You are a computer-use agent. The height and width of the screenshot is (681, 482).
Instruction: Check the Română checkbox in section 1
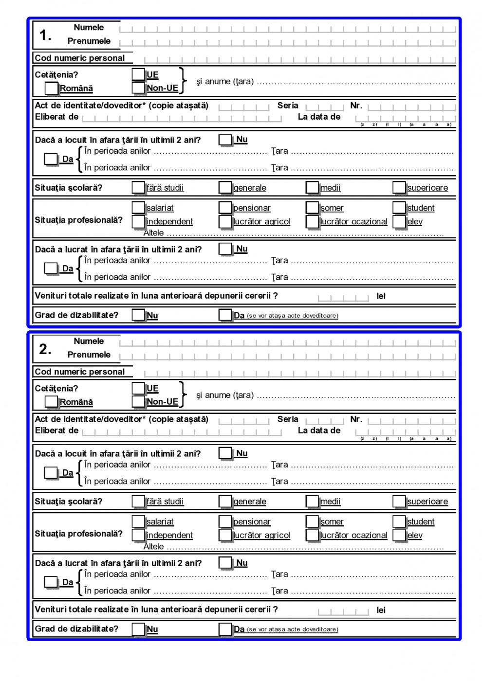[51, 88]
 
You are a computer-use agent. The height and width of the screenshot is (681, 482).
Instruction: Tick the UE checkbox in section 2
[139, 388]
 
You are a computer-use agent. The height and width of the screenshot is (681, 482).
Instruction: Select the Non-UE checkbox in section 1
[139, 88]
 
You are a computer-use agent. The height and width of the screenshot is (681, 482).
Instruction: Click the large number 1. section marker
[45, 35]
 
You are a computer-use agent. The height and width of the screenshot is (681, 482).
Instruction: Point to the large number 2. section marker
[45, 349]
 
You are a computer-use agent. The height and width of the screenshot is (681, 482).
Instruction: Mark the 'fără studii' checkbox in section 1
[139, 188]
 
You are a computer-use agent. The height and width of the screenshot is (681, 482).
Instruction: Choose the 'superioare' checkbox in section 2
[399, 502]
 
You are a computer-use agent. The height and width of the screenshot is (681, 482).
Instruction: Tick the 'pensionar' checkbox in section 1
[225, 208]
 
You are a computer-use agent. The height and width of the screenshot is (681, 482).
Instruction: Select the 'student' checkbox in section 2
[399, 521]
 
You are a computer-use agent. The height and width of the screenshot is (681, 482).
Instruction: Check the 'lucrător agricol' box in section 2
[225, 535]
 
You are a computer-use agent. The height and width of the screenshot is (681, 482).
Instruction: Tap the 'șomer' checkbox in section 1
[312, 208]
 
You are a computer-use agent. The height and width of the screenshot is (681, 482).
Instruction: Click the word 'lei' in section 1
[381, 296]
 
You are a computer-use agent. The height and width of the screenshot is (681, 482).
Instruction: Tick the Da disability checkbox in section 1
[225, 315]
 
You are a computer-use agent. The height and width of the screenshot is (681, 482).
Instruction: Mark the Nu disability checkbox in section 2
[139, 629]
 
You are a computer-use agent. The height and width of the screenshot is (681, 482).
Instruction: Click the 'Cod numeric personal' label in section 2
[80, 372]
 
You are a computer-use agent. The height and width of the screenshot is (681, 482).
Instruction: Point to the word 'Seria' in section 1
[288, 106]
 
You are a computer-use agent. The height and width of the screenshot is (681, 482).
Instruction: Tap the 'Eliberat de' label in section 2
[56, 430]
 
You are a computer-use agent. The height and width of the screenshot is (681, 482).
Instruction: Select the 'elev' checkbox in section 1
[399, 221]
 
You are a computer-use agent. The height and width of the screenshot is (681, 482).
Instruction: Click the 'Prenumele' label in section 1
[89, 41]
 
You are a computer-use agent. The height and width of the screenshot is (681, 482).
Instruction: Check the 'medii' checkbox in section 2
[312, 502]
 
